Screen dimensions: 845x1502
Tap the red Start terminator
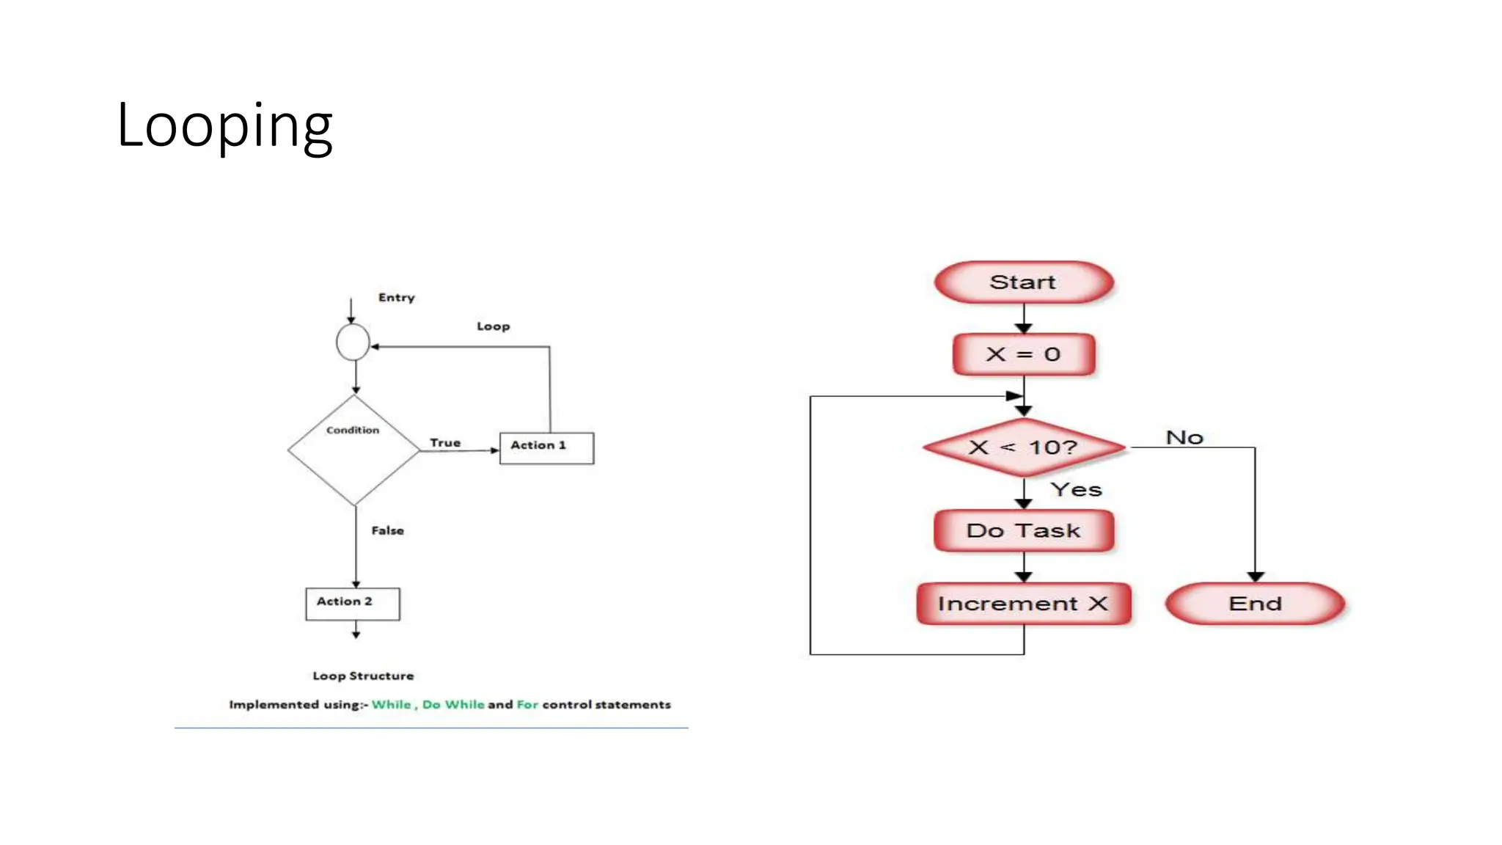pyautogui.click(x=1024, y=282)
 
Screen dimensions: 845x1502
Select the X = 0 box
pyautogui.click(x=1024, y=354)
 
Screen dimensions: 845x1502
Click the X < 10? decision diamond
pyautogui.click(x=1024, y=447)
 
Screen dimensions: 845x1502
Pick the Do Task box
pyautogui.click(x=1024, y=530)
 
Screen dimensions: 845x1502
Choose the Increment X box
pyautogui.click(x=1024, y=604)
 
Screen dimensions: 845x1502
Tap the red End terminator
pyautogui.click(x=1255, y=604)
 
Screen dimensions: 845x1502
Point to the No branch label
pyautogui.click(x=1184, y=438)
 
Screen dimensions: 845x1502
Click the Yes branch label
pyautogui.click(x=1076, y=490)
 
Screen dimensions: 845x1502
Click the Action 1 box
pyautogui.click(x=546, y=447)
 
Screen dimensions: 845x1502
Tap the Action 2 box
pyautogui.click(x=353, y=604)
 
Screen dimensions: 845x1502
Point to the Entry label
pyautogui.click(x=397, y=297)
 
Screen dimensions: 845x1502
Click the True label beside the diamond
pyautogui.click(x=445, y=443)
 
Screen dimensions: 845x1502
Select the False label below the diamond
pyautogui.click(x=387, y=530)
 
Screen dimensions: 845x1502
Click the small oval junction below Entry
pyautogui.click(x=353, y=342)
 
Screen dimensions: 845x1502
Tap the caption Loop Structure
pyautogui.click(x=363, y=676)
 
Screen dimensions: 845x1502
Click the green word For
pyautogui.click(x=527, y=704)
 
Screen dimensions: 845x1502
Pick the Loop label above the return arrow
pyautogui.click(x=493, y=326)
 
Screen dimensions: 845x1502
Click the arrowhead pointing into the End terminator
pyautogui.click(x=1255, y=577)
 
